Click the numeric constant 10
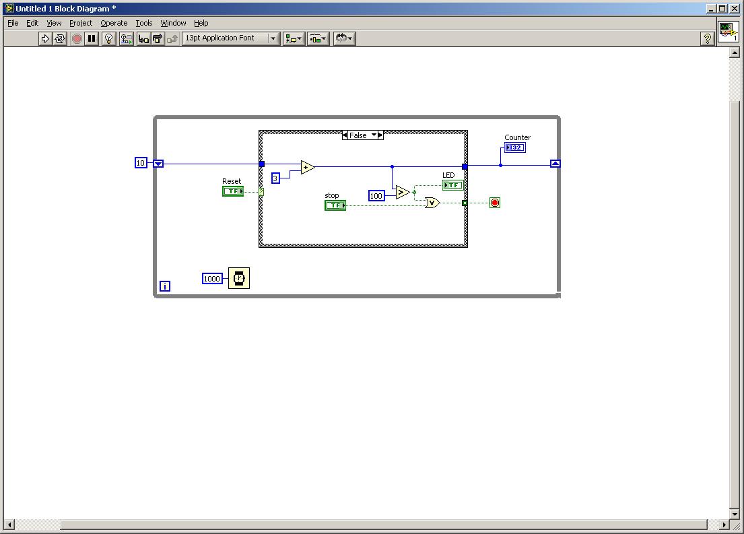(141, 163)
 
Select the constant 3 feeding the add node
(275, 178)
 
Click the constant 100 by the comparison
(376, 195)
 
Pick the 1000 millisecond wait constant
(212, 279)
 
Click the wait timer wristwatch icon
(239, 278)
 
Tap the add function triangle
(308, 167)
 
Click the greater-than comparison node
(403, 192)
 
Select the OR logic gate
(432, 203)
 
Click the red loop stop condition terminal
(495, 203)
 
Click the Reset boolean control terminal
(233, 191)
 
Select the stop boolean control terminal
(335, 205)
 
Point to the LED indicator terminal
(452, 185)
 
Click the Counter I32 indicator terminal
(515, 147)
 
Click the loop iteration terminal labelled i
(165, 286)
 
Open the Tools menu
(144, 23)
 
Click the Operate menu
(114, 23)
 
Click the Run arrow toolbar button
(45, 38)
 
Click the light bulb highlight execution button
(108, 38)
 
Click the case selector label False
(358, 135)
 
